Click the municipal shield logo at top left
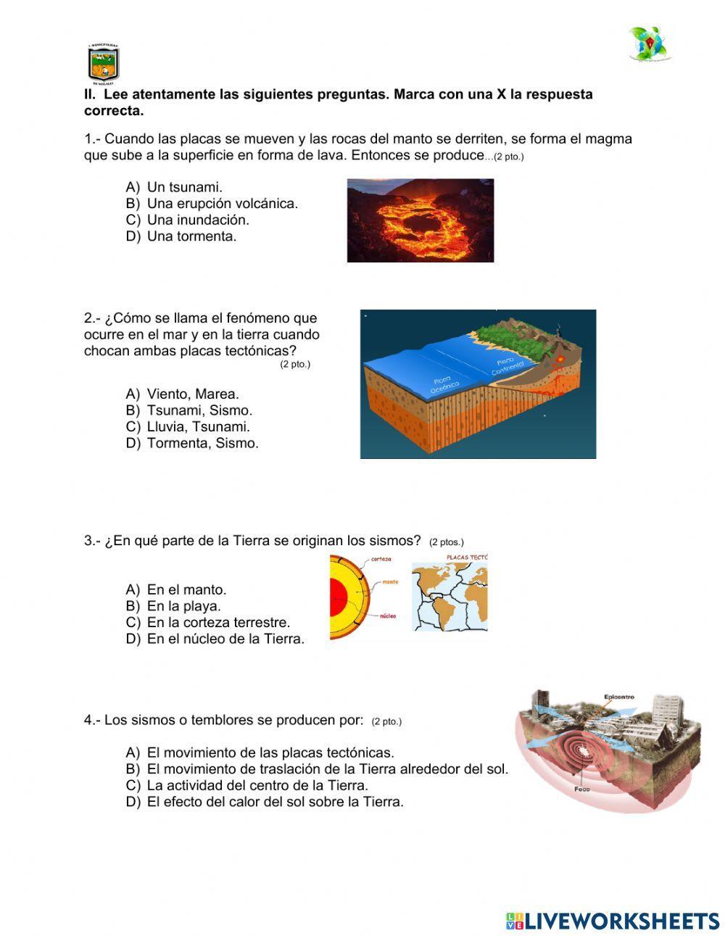point(103,63)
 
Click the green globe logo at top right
point(649,44)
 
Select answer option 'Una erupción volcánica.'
point(222,204)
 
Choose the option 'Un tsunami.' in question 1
point(184,187)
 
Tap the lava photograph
point(420,220)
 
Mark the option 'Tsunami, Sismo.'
point(199,410)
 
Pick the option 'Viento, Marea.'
point(192,394)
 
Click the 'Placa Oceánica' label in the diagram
point(444,384)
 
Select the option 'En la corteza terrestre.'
point(217,622)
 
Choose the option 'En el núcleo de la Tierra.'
point(225,639)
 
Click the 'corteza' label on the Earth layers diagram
point(381,559)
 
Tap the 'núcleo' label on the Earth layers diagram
point(388,616)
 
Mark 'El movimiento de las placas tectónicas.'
point(270,753)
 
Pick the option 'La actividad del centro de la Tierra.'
point(257,785)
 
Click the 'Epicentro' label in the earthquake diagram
point(618,697)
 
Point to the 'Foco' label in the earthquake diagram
point(581,789)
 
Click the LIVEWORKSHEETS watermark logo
point(612,921)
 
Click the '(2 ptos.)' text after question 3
point(446,542)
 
